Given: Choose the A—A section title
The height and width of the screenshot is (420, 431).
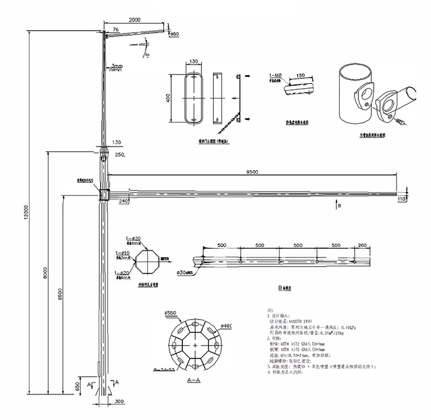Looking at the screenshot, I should click(193, 381).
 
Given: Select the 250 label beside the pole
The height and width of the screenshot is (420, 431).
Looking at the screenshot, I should click(119, 155).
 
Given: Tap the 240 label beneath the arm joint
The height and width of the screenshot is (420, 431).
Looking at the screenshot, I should click(123, 201).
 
